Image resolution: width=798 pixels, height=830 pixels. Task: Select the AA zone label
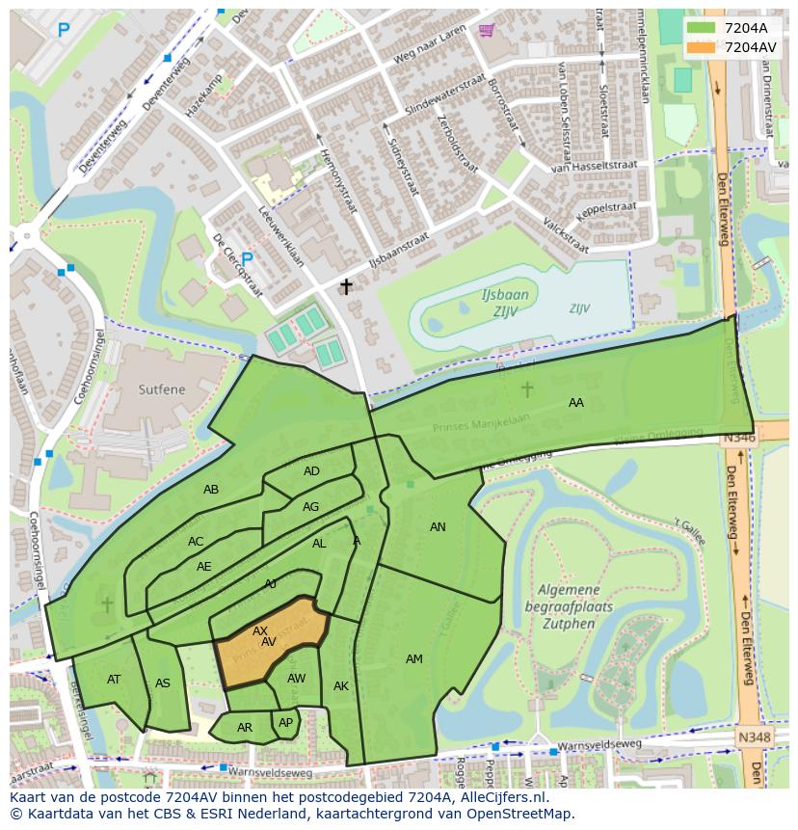coord(575,403)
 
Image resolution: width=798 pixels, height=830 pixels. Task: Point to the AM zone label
coord(413,659)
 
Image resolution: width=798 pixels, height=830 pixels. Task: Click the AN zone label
coord(438,527)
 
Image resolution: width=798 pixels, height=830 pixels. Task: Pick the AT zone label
coord(114,680)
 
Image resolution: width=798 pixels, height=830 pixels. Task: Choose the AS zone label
coord(163,684)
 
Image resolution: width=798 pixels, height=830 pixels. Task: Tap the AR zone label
coord(245,728)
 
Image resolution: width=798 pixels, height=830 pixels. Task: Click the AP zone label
coord(285,723)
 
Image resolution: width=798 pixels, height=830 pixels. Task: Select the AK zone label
coord(341,686)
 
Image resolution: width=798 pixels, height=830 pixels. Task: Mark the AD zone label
coord(311,471)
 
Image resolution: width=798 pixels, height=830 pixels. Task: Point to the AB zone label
coord(211,490)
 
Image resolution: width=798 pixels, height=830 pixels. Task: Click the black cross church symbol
coord(346,286)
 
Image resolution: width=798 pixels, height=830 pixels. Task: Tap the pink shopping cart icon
coord(486,31)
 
